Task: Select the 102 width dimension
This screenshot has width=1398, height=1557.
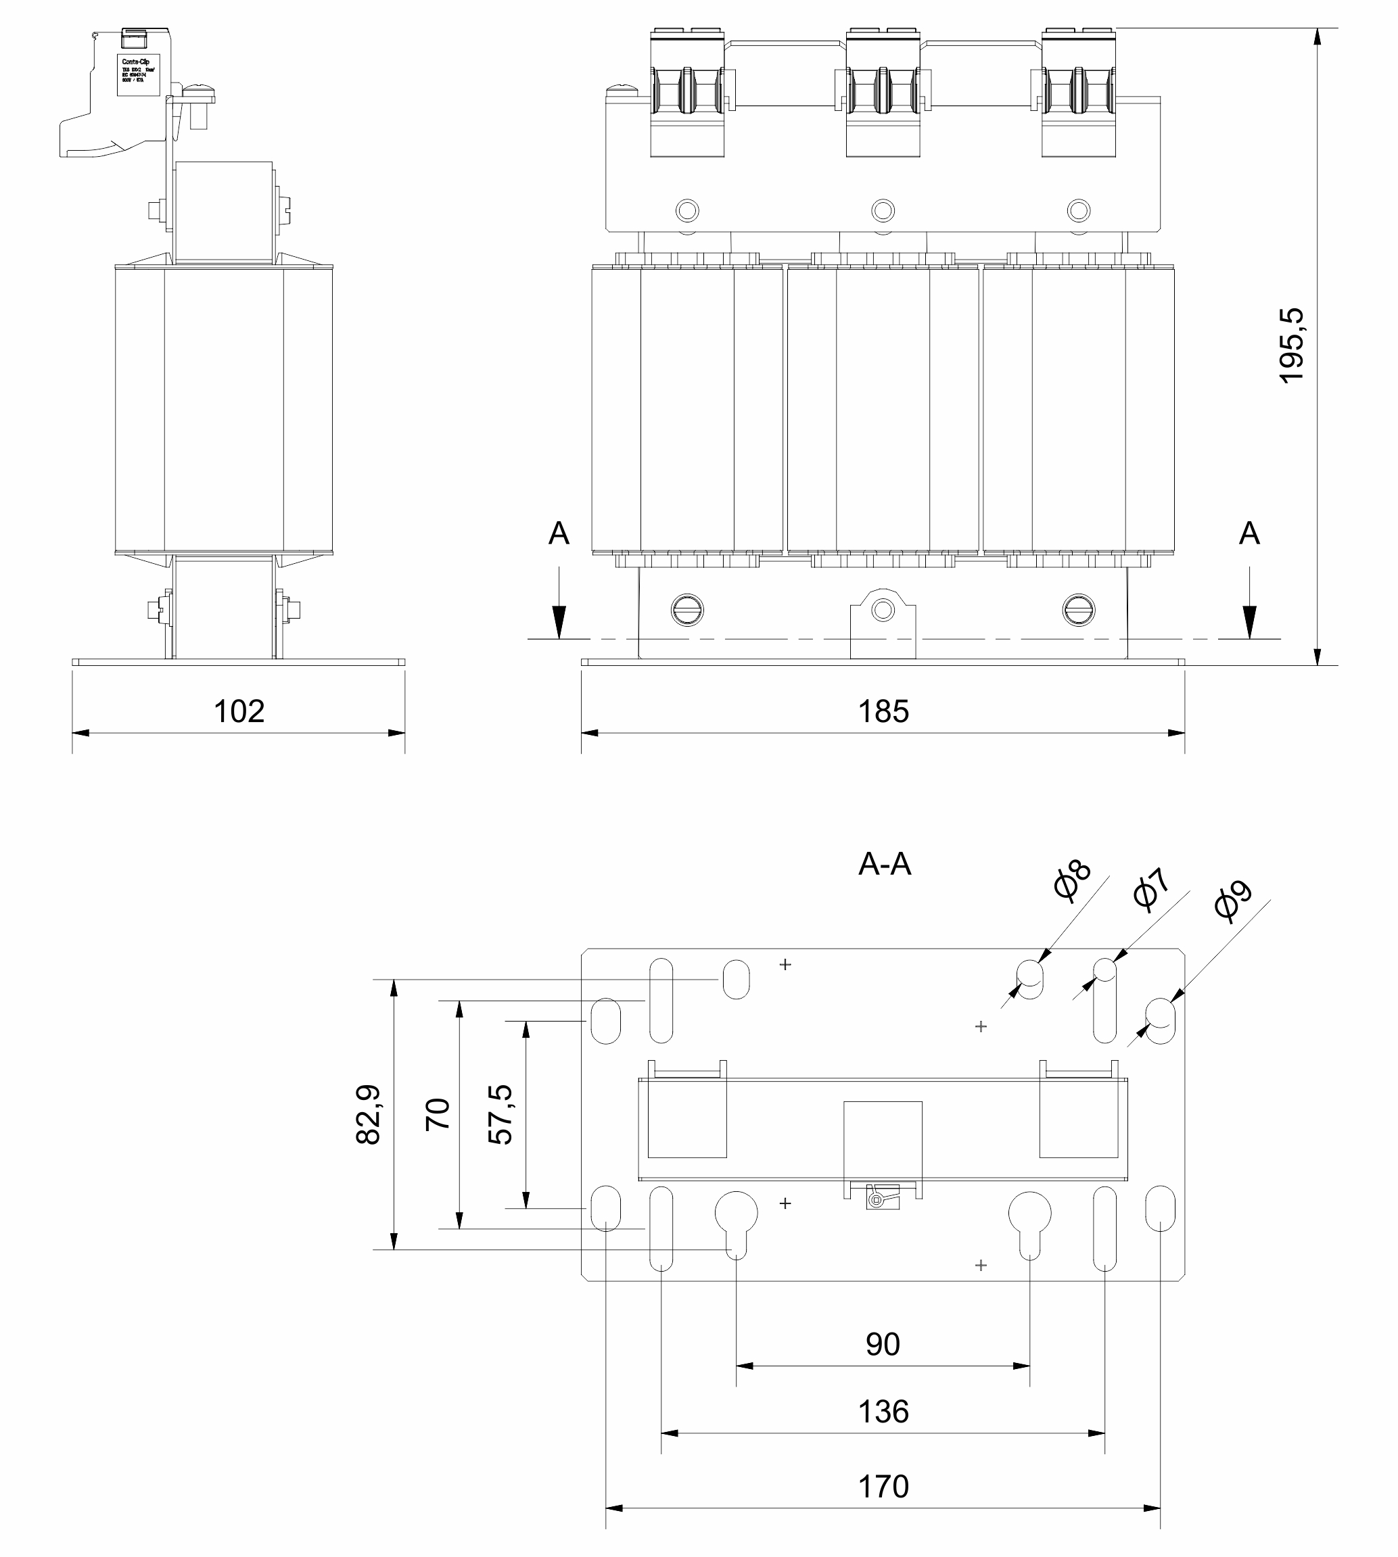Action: [x=239, y=711]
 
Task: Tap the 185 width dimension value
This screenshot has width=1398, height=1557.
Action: [x=883, y=711]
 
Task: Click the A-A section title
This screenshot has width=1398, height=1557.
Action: [x=884, y=865]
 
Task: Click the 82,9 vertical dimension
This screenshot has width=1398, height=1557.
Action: [x=369, y=1114]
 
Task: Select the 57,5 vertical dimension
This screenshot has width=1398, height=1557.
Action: [x=500, y=1114]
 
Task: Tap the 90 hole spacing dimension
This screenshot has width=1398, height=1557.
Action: [x=883, y=1344]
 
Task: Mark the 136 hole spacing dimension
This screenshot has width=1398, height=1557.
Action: [x=883, y=1412]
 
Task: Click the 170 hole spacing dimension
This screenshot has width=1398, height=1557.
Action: [x=883, y=1487]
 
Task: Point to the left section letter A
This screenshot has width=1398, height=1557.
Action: [x=559, y=533]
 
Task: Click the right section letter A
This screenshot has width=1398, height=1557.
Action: [x=1249, y=533]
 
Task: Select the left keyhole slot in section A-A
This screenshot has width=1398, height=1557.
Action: [x=736, y=1222]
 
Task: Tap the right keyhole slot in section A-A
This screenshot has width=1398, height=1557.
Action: [x=1029, y=1222]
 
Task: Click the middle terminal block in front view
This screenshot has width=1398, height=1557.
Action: [x=883, y=92]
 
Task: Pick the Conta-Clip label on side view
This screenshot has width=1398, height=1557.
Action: [x=138, y=74]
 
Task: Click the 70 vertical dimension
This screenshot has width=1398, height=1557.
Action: [x=438, y=1114]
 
